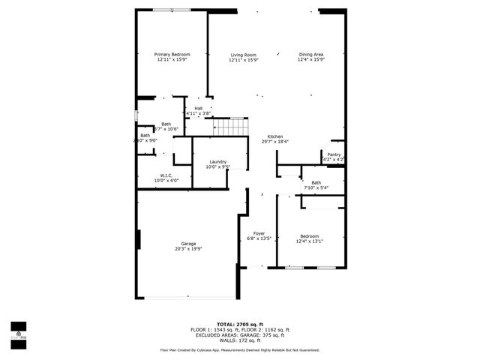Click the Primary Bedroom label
[x=172, y=54]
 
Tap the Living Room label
[x=243, y=54]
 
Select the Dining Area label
[x=310, y=54]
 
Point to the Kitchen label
[x=275, y=136]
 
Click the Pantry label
[x=334, y=154]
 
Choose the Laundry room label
[x=218, y=161]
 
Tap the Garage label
[x=188, y=244]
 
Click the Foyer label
[x=259, y=233]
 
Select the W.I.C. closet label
[x=166, y=175]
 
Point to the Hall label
[x=198, y=108]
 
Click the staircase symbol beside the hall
[x=232, y=127]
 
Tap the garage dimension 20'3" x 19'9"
[x=188, y=249]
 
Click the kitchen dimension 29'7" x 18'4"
[x=275, y=142]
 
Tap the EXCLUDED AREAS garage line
[x=239, y=335]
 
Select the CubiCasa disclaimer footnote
[x=239, y=349]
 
